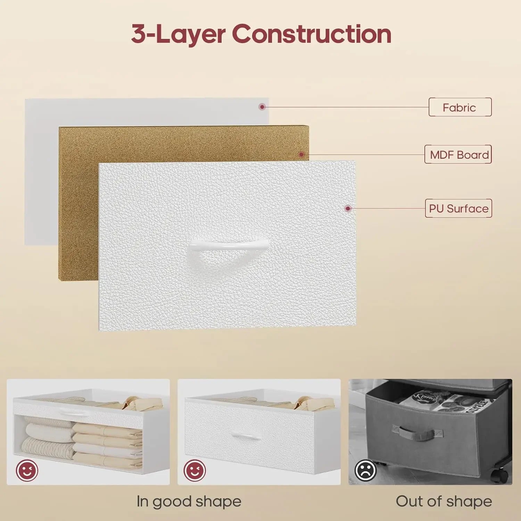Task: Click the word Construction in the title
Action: pyautogui.click(x=312, y=34)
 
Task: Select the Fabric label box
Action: pyautogui.click(x=460, y=107)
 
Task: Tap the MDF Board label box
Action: pyautogui.click(x=458, y=154)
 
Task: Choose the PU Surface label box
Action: pyautogui.click(x=458, y=208)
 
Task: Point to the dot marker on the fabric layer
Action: pyautogui.click(x=262, y=107)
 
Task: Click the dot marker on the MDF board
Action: pyautogui.click(x=301, y=154)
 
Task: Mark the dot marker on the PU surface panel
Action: pyautogui.click(x=348, y=208)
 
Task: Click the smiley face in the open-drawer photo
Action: pyautogui.click(x=27, y=471)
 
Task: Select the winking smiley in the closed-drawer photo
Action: pyautogui.click(x=195, y=471)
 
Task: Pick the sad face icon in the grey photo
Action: pyautogui.click(x=366, y=471)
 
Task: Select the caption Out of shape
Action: pyautogui.click(x=444, y=502)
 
